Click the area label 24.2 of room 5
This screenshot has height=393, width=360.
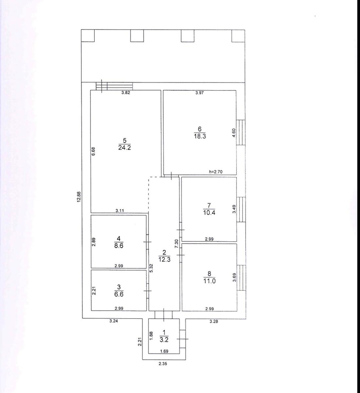coord(124,147)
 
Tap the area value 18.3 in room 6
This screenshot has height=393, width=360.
coord(200,136)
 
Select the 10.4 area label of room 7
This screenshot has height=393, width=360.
coord(209,213)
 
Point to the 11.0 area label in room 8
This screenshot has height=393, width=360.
coord(209,281)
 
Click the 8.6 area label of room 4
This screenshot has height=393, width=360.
coord(119,246)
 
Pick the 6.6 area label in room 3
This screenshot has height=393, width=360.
coord(119,294)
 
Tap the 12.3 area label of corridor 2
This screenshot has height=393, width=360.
coord(164,259)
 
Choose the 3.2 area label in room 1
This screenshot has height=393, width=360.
coord(164,340)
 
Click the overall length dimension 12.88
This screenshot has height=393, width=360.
coord(79,197)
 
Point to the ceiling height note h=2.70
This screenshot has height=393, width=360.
coord(216,172)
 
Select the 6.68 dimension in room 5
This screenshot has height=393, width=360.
coord(93,151)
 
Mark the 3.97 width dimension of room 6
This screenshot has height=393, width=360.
coord(199,93)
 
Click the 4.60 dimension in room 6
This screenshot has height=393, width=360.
coord(234,133)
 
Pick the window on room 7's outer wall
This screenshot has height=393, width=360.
coord(241,209)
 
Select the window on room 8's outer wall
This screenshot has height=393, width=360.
coord(241,278)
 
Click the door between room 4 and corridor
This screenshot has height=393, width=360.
coord(147,242)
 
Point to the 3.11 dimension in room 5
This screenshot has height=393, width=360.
coord(120,211)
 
